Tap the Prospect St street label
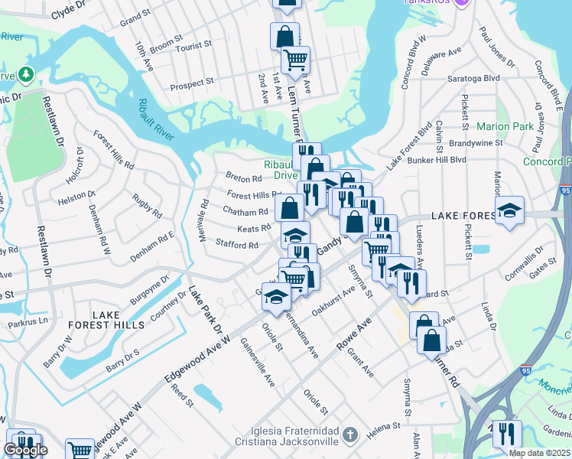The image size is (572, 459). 191,83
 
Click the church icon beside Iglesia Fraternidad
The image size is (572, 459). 349,435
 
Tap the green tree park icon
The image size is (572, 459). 26,74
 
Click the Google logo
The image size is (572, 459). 24,450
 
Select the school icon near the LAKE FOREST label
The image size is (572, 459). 509,210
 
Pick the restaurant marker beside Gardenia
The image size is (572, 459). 506,433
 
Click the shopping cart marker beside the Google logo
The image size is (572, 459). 79,450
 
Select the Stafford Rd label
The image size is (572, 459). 237,245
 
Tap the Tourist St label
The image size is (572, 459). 193,47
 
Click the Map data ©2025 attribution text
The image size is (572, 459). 539,453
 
